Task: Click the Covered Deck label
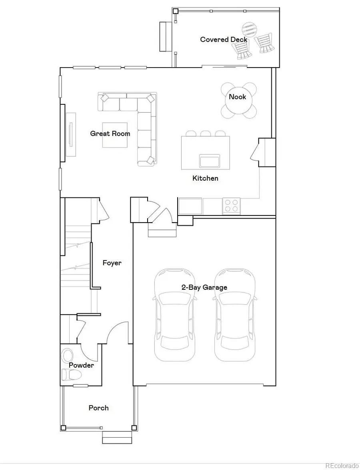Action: [x=224, y=39]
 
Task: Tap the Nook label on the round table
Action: [x=237, y=97]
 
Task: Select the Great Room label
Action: [x=110, y=133]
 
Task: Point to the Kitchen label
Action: [x=205, y=178]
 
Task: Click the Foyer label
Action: [x=112, y=263]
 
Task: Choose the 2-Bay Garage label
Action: [x=204, y=287]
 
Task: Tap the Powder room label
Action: [x=81, y=365]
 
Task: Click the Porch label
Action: [x=98, y=408]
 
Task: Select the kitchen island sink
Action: [x=210, y=161]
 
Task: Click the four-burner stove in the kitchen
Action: [x=231, y=206]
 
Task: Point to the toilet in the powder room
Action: [x=71, y=374]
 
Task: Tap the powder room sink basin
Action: [x=68, y=355]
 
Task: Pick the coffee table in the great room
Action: [x=115, y=135]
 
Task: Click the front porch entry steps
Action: [x=117, y=437]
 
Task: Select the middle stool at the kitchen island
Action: [x=206, y=134]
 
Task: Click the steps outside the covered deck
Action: [x=163, y=37]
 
